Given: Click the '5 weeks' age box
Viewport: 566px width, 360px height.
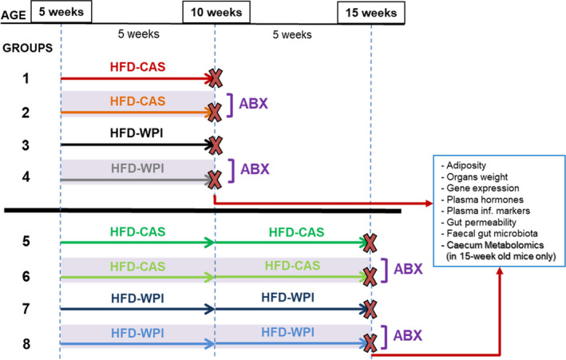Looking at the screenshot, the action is tap(61, 11).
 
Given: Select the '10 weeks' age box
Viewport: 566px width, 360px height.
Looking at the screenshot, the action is tap(216, 12).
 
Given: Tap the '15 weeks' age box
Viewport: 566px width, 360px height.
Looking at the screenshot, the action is tap(371, 13).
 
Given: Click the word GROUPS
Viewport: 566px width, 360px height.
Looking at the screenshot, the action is tap(27, 48).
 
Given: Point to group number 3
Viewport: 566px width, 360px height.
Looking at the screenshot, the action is tap(26, 145).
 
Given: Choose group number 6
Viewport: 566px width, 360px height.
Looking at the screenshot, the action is tap(26, 277).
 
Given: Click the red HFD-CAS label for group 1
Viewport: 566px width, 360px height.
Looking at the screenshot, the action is tap(137, 67).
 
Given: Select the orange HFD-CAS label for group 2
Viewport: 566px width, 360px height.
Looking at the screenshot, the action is tap(137, 101).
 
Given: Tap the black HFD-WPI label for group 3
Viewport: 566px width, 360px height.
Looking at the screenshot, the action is tap(137, 133).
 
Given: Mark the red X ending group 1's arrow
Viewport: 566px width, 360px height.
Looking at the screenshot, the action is tap(216, 78).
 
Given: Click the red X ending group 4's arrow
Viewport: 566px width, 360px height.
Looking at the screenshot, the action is tap(215, 180).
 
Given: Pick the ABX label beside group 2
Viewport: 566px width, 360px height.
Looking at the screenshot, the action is tap(253, 104).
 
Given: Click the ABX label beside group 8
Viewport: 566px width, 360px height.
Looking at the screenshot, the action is tap(407, 335).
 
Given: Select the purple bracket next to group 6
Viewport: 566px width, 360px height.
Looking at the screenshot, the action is tap(386, 271).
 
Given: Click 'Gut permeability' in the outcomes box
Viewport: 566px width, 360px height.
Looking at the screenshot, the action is tap(481, 222).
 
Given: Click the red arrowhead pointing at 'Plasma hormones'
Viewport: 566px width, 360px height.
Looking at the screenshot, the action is tap(429, 204).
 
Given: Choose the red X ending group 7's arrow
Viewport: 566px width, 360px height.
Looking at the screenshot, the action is tap(370, 309).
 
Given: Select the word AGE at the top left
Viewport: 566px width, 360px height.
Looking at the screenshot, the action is tap(14, 15).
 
